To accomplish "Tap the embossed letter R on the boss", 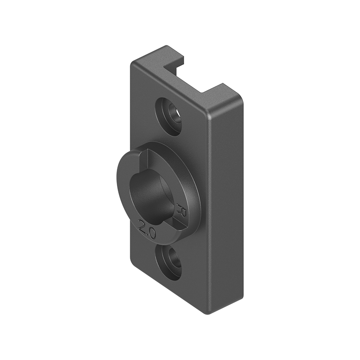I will [182, 209].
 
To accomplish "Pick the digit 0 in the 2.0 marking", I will [152, 233].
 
